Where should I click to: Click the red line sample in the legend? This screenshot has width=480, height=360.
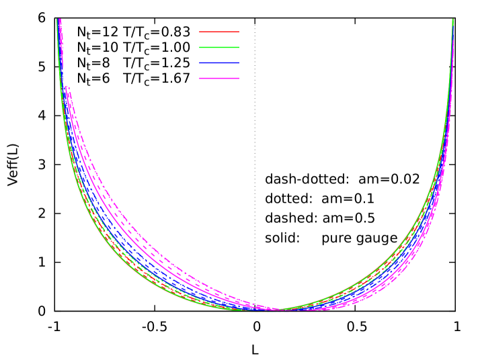[219, 32]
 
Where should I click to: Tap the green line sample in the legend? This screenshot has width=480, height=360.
[219, 47]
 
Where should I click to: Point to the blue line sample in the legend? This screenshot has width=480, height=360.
[219, 63]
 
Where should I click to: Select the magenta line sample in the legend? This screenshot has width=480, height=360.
[219, 79]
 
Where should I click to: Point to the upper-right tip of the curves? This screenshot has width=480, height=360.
[453, 21]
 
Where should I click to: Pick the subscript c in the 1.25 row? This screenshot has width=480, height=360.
[151, 66]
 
